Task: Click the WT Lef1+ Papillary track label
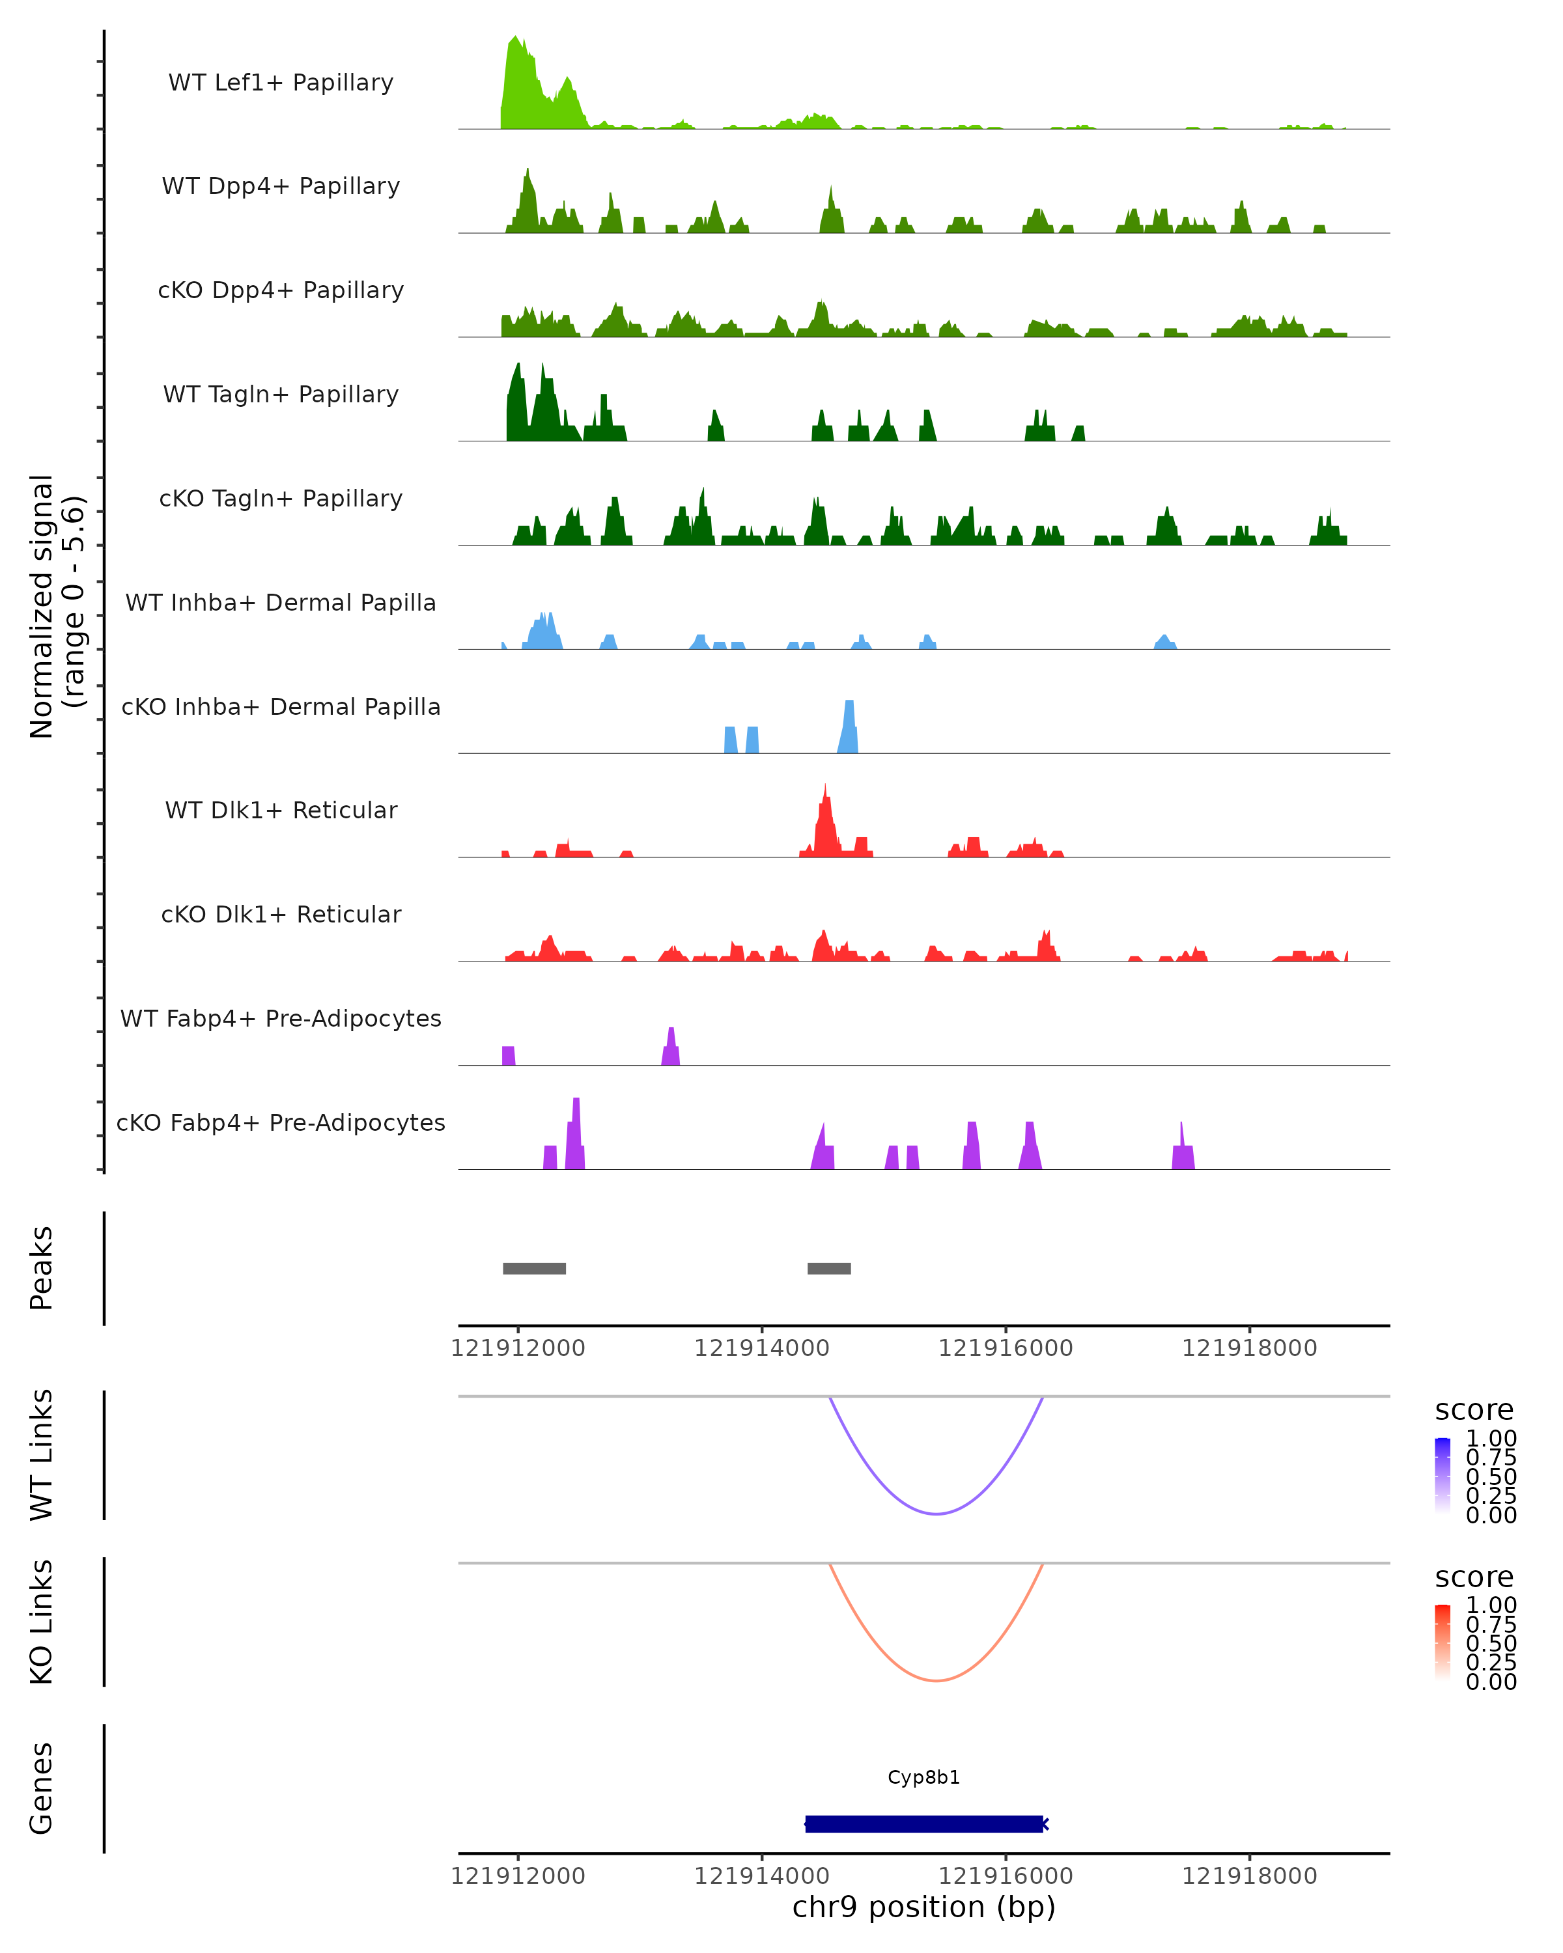tap(281, 83)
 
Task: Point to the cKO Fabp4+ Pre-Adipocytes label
tap(281, 1122)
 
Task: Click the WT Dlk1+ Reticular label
tap(281, 810)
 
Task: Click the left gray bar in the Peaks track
tap(535, 1268)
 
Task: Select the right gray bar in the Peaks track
tap(829, 1268)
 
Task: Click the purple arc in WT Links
tap(937, 1514)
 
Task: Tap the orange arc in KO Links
tap(937, 1680)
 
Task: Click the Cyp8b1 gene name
tap(923, 1777)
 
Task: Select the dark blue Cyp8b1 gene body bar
tap(923, 1824)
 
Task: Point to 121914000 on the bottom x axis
tap(761, 1875)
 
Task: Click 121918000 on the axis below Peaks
tap(1250, 1348)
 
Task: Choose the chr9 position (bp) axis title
tap(923, 1907)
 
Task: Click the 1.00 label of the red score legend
tap(1491, 1604)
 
